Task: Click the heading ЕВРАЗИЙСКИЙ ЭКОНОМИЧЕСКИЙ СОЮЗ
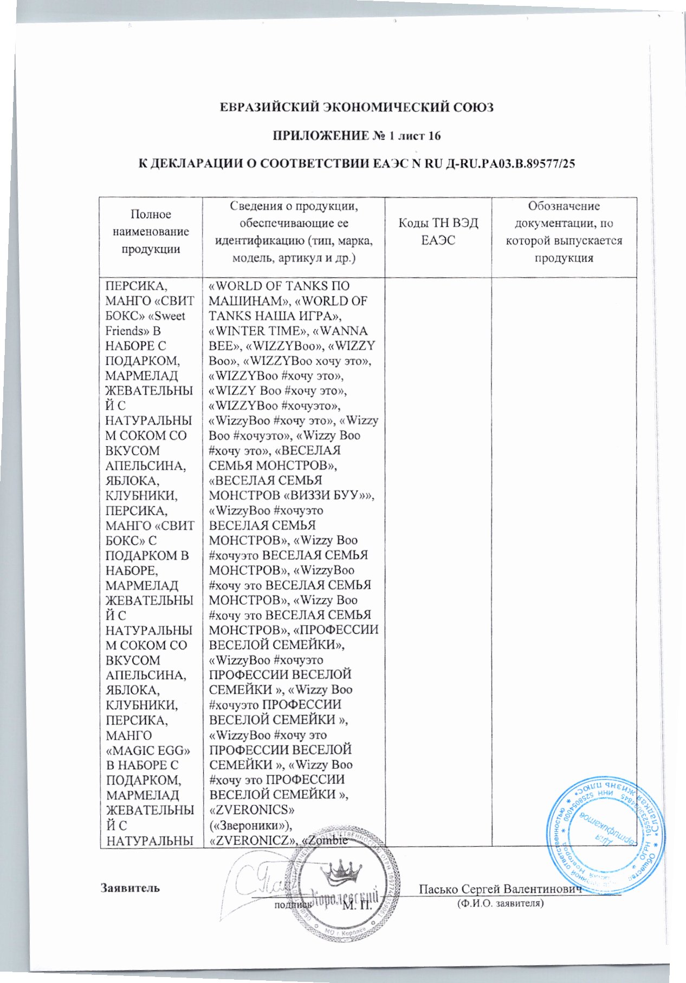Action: (x=356, y=107)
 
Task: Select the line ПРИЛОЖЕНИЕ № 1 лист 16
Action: (x=356, y=135)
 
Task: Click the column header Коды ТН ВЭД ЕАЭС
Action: (x=438, y=231)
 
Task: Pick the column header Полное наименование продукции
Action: (x=151, y=232)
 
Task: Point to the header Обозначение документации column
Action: (x=564, y=232)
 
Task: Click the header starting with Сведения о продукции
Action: (x=293, y=232)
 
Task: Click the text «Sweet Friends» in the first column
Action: (x=145, y=323)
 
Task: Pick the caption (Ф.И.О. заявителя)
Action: (x=500, y=903)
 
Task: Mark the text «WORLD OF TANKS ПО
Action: (x=279, y=286)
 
